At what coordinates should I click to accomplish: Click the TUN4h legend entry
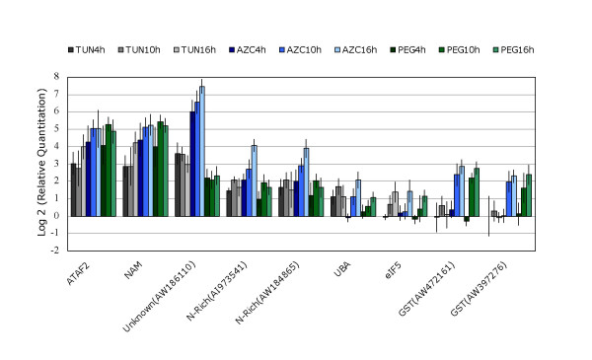[x=87, y=48]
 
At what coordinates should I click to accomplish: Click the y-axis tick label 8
[x=57, y=76]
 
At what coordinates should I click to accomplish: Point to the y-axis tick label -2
[x=55, y=250]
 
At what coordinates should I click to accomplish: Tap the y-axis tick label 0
[x=57, y=215]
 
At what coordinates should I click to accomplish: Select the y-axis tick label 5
[x=57, y=128]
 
